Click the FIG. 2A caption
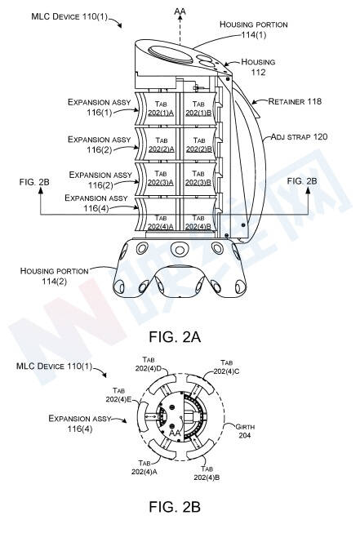(175, 337)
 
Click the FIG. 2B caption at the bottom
(175, 507)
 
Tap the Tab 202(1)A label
(161, 108)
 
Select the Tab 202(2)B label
(199, 144)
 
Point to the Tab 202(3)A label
(161, 178)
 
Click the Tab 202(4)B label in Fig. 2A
(198, 222)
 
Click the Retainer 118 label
(295, 101)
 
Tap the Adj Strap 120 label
(299, 137)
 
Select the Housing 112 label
(258, 67)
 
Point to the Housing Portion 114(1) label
(254, 29)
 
